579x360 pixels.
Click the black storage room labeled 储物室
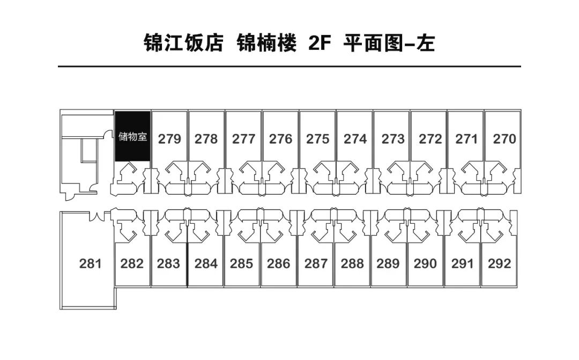(x=132, y=136)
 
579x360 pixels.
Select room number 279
(x=169, y=139)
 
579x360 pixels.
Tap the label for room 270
(x=504, y=139)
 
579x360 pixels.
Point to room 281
(x=90, y=263)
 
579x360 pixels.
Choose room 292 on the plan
(x=499, y=263)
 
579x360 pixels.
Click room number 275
(x=317, y=139)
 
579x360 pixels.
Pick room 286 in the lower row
(x=278, y=263)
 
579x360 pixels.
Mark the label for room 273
(x=393, y=139)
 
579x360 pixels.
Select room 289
(x=388, y=263)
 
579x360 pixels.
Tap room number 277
(x=243, y=139)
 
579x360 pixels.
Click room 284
(x=206, y=263)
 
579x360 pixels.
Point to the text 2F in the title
(x=319, y=43)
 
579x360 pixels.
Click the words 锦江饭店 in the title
(x=183, y=43)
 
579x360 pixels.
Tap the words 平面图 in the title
(x=373, y=43)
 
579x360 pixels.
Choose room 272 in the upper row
(x=430, y=139)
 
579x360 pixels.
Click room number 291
(x=462, y=263)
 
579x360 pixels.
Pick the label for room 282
(x=132, y=263)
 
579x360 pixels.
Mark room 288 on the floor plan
(x=352, y=263)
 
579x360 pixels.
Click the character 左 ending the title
(x=426, y=43)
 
